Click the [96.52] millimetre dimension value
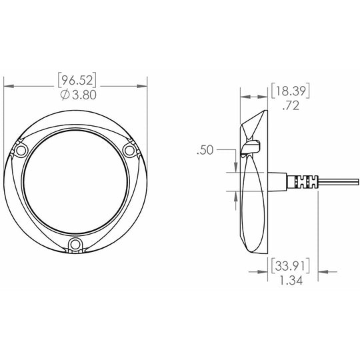(77, 80)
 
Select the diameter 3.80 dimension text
(79, 95)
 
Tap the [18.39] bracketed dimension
(291, 91)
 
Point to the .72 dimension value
(291, 105)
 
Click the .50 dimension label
(205, 150)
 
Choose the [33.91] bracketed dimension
(291, 266)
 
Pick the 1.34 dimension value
(291, 280)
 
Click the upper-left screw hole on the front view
(21, 151)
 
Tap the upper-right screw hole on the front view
(129, 151)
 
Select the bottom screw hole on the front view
(75, 244)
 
